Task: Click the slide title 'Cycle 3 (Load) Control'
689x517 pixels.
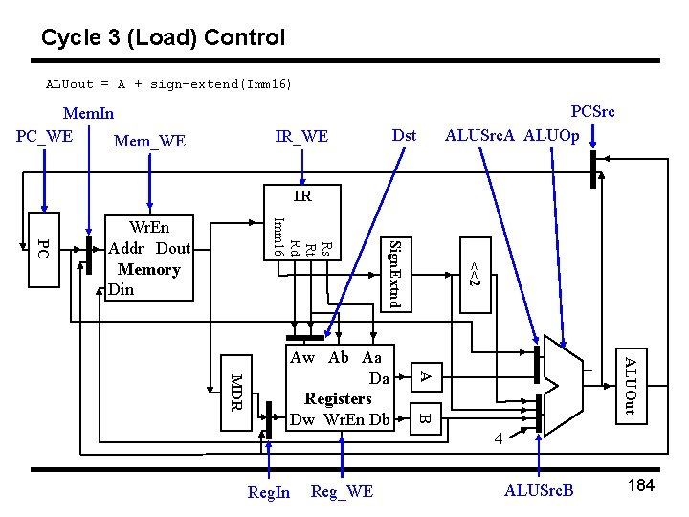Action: pos(163,37)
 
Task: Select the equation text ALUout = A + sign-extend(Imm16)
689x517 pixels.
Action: pos(169,84)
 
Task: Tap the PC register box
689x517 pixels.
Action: pos(42,249)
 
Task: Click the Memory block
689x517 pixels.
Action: pos(148,257)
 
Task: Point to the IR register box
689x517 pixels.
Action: pos(301,196)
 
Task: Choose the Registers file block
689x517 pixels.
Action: pos(340,389)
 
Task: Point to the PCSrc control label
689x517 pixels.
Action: pos(592,111)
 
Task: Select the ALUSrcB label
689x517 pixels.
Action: pos(539,491)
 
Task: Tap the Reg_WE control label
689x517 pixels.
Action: pos(342,491)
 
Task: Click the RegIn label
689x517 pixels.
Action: pos(269,492)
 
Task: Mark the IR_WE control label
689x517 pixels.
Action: pos(301,137)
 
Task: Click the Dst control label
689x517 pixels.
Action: pos(405,135)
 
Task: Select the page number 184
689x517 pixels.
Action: pos(640,485)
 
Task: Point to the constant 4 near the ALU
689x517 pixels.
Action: pos(498,438)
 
